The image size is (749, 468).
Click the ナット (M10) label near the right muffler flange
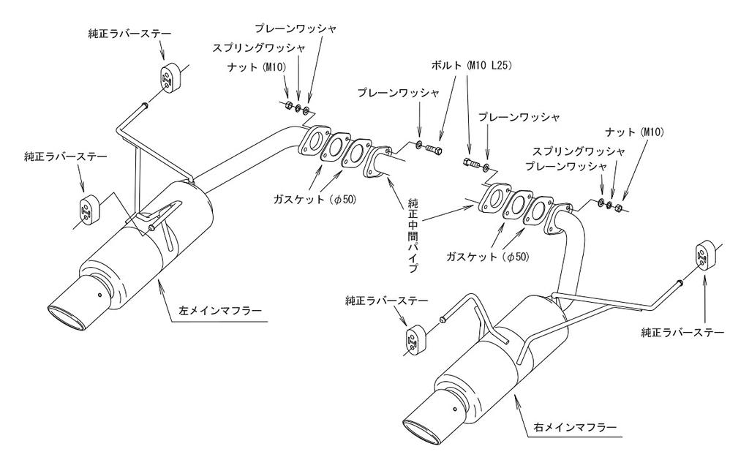(633, 132)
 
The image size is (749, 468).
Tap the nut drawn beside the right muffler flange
(618, 207)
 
